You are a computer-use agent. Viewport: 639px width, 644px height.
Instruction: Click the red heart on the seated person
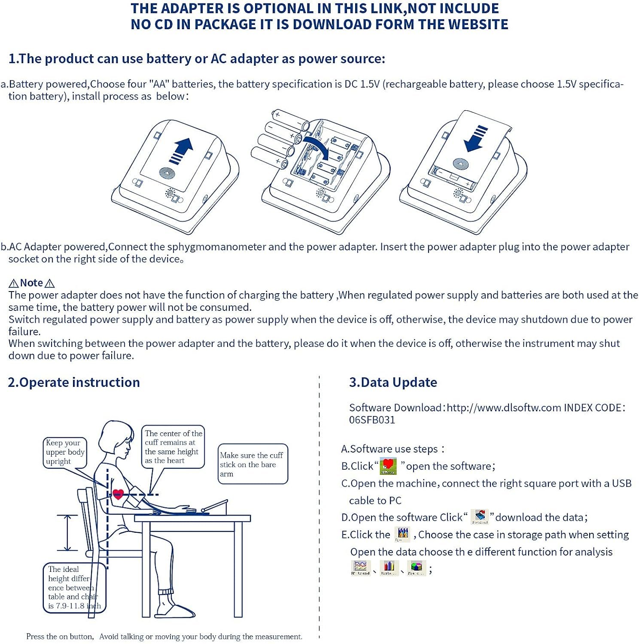point(118,494)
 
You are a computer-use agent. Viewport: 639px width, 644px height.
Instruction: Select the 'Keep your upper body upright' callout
point(65,452)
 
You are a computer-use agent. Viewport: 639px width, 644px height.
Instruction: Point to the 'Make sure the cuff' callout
point(253,464)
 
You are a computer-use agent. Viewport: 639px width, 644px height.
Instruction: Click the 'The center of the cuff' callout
point(173,447)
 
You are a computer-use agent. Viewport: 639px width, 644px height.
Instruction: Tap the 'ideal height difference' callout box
point(74,587)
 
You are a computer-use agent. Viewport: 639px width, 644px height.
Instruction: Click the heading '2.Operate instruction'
point(74,382)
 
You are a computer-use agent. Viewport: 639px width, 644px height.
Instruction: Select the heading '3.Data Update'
point(393,382)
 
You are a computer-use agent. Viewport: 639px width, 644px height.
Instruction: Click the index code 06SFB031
point(372,420)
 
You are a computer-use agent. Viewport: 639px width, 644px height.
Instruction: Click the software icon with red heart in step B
point(388,466)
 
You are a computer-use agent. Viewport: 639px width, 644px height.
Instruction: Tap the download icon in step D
point(480,517)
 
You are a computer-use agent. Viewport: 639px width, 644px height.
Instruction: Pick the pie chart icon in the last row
point(416,568)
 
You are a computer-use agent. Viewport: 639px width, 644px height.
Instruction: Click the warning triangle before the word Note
point(14,283)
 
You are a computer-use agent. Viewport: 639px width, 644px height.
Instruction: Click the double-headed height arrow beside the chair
point(67,533)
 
